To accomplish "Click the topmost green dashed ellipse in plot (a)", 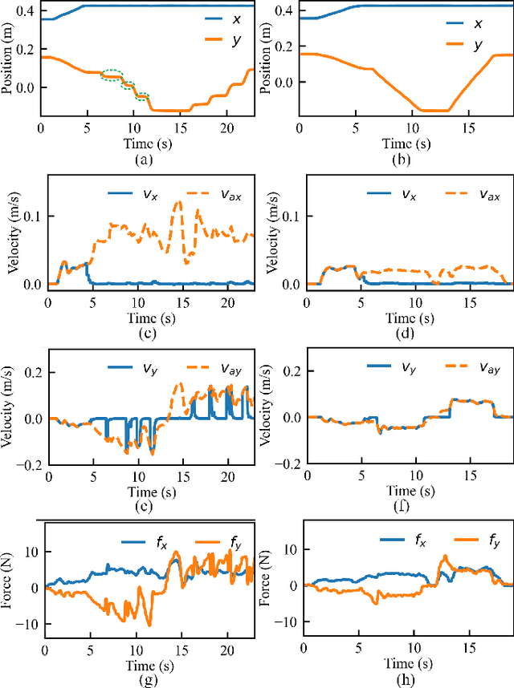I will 113,76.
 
